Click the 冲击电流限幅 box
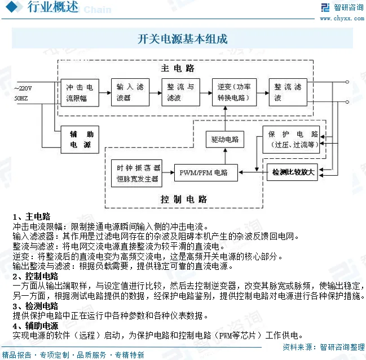point(81,92)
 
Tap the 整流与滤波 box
point(180,92)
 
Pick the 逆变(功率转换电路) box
point(234,92)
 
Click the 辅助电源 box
point(81,139)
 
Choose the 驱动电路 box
point(225,139)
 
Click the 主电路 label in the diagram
point(178,68)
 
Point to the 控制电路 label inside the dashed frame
point(184,199)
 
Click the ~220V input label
point(24,88)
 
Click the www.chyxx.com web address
point(341,18)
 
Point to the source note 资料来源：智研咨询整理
point(323,346)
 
